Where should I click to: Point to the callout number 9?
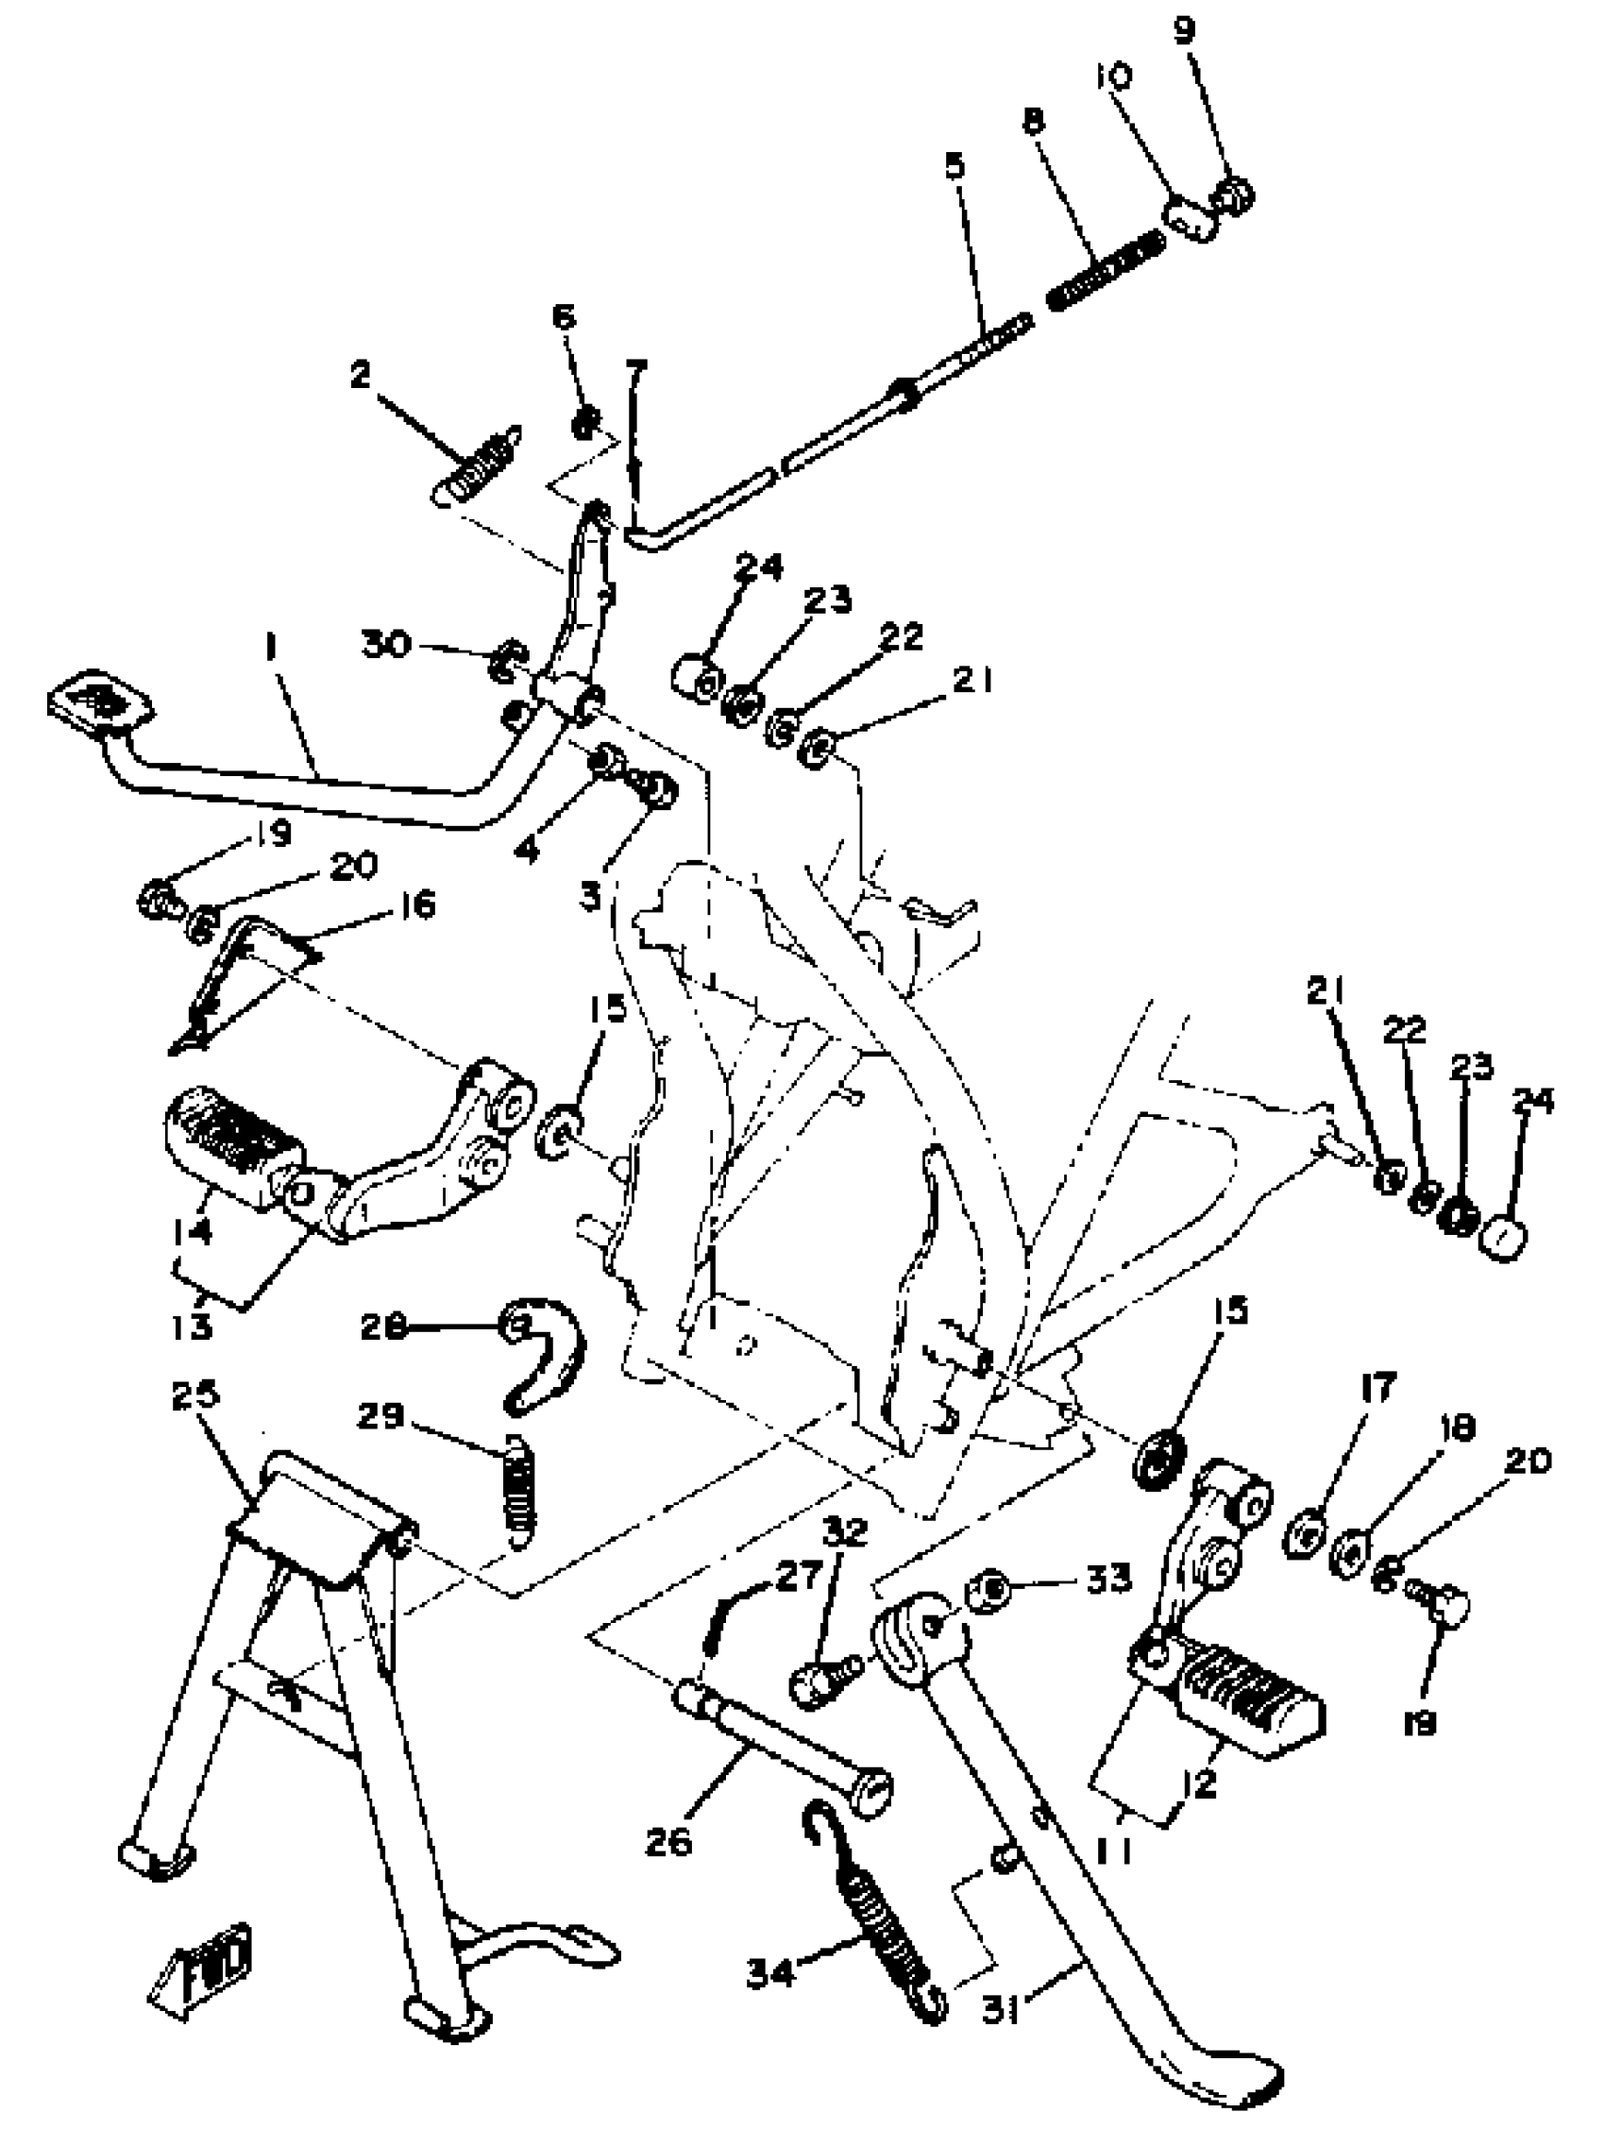pos(1185,31)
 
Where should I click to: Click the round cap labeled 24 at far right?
pos(1504,1238)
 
